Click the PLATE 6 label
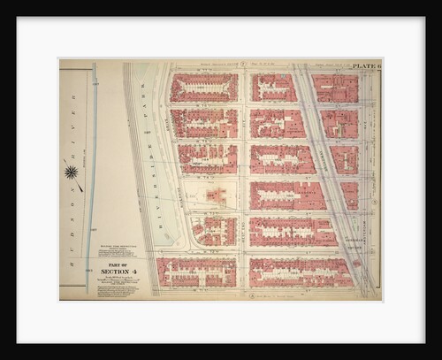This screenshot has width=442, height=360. [x=365, y=66]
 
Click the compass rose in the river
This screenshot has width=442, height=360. [x=71, y=172]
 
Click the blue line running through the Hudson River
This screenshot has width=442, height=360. [x=91, y=177]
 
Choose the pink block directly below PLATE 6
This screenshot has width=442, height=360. [x=335, y=88]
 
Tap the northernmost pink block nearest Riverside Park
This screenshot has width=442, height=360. [x=203, y=88]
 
